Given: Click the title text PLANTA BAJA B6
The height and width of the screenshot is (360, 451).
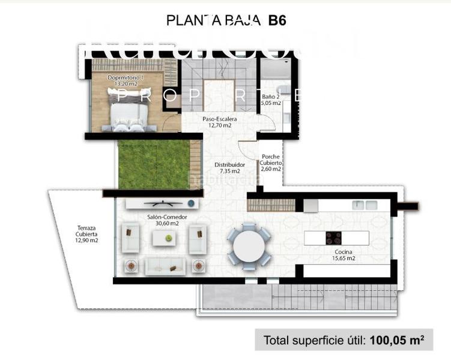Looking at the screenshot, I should click(x=226, y=20).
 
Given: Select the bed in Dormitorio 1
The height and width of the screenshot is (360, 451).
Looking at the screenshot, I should click(x=127, y=110).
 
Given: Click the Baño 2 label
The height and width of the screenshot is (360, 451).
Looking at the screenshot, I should click(x=271, y=100).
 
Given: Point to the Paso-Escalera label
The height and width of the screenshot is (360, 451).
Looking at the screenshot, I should click(x=219, y=122).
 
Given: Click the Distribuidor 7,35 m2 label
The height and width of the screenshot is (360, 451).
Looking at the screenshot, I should click(x=229, y=167).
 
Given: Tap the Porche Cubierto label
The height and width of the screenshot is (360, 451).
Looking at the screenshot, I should click(x=271, y=163).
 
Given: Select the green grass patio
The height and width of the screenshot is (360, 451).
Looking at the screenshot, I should click(x=154, y=163).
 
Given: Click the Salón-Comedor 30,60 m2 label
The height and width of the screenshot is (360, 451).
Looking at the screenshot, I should click(x=163, y=220).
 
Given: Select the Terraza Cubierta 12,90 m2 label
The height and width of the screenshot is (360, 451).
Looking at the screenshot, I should click(x=86, y=234).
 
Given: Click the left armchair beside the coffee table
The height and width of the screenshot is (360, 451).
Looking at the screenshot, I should click(x=132, y=238).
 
